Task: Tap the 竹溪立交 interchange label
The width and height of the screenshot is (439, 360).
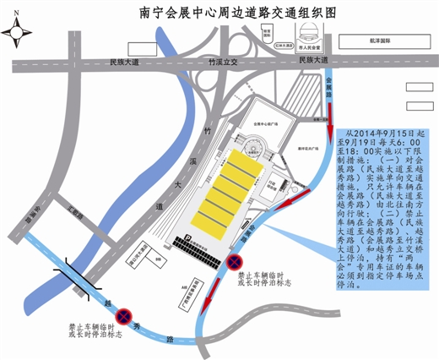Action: (x=225, y=62)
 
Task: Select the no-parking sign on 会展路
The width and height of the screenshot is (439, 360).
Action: (x=237, y=262)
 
